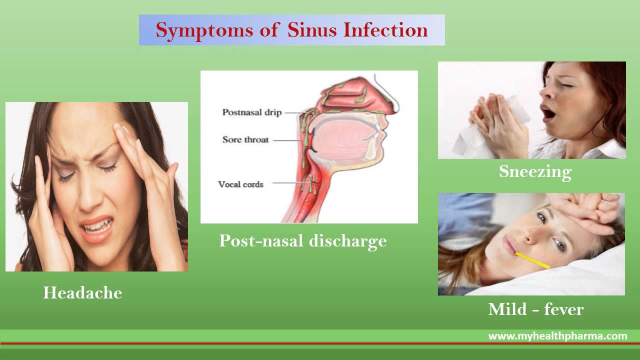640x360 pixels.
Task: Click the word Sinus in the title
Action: (312, 30)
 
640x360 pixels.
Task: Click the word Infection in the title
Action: (385, 30)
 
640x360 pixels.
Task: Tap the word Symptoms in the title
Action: (204, 31)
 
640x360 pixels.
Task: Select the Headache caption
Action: (82, 292)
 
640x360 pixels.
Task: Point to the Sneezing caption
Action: (535, 172)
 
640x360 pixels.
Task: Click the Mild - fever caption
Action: (536, 309)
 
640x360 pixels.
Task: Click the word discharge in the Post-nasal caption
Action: (348, 241)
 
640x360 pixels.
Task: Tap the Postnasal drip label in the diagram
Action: (252, 112)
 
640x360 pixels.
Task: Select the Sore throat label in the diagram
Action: (245, 139)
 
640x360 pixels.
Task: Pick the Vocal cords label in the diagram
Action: (240, 184)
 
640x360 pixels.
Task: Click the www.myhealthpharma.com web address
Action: (557, 336)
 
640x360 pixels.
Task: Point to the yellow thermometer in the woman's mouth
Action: (532, 260)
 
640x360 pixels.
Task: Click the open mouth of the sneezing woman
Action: (548, 113)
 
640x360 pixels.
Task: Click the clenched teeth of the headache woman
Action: (97, 225)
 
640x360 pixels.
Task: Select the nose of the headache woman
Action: (89, 195)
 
